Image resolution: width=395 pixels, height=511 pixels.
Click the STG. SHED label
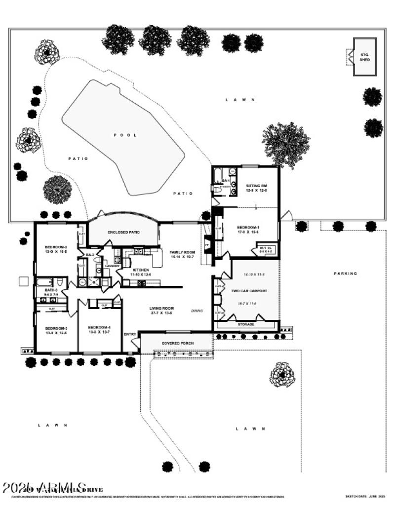pyautogui.click(x=365, y=57)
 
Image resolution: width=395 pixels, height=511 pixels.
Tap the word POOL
pyautogui.click(x=125, y=135)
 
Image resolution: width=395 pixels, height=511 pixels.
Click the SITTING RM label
pyautogui.click(x=256, y=186)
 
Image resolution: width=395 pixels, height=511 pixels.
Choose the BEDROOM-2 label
pyautogui.click(x=56, y=247)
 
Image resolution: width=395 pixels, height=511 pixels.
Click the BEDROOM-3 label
pyautogui.click(x=56, y=328)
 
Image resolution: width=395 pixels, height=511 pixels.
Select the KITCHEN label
pyautogui.click(x=141, y=270)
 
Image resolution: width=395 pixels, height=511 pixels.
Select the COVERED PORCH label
pyautogui.click(x=178, y=343)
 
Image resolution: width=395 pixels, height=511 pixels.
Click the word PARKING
pyautogui.click(x=345, y=273)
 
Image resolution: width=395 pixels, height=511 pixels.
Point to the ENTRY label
pyautogui.click(x=130, y=334)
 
